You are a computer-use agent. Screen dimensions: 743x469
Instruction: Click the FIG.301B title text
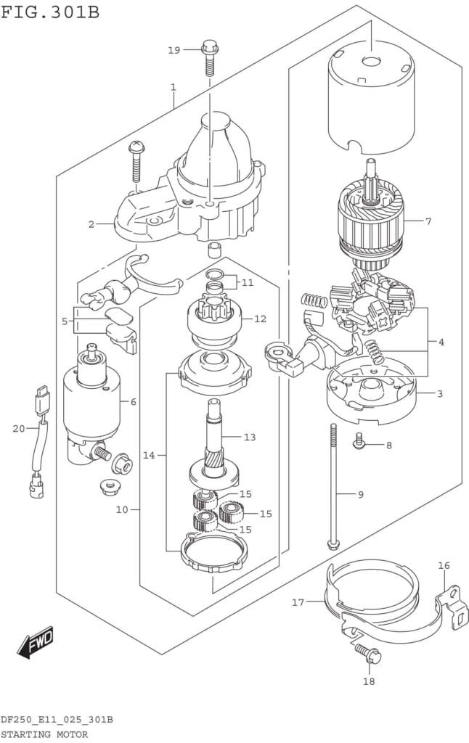[50, 12]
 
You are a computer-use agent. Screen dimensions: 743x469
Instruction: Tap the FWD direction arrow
[36, 641]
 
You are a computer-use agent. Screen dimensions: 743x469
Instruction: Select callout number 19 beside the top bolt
[174, 50]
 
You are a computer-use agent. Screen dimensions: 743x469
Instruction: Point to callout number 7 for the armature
[428, 221]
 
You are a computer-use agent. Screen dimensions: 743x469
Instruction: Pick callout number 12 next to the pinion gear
[260, 319]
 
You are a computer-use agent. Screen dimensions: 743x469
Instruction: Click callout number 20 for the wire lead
[19, 428]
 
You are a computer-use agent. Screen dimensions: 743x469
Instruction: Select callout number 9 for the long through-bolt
[360, 495]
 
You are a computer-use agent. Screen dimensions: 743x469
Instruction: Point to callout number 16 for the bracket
[444, 565]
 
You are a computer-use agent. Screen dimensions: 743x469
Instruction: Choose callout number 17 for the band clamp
[298, 602]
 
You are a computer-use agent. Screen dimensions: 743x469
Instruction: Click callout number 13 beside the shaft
[250, 437]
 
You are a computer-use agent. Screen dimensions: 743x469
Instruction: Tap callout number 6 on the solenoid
[133, 401]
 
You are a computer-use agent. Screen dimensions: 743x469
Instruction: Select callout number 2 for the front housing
[91, 224]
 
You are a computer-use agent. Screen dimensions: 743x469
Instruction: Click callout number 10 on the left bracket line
[121, 509]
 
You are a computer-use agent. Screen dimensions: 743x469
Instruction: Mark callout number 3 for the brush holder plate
[440, 394]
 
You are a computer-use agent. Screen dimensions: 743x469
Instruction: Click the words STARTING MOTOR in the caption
[44, 734]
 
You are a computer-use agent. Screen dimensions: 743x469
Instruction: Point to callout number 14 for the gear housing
[149, 455]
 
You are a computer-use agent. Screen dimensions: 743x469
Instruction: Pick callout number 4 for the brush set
[441, 342]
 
